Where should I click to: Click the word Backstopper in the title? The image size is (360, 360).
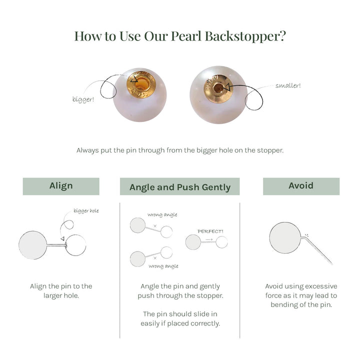pyautogui.click(x=245, y=36)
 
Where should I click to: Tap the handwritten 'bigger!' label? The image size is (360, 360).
pyautogui.click(x=83, y=99)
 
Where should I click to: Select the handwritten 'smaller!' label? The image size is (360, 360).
pyautogui.click(x=288, y=85)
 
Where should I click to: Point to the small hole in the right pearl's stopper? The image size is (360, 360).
pyautogui.click(x=218, y=87)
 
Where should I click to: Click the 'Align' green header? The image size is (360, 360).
pyautogui.click(x=61, y=186)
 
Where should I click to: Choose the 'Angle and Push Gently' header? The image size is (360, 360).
pyautogui.click(x=180, y=186)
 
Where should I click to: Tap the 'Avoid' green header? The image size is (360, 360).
pyautogui.click(x=301, y=186)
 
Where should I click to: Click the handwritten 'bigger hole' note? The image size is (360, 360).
pyautogui.click(x=86, y=211)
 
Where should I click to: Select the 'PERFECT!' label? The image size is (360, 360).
pyautogui.click(x=210, y=231)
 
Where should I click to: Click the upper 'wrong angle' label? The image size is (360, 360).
pyautogui.click(x=162, y=214)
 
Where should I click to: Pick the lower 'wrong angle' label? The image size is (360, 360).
pyautogui.click(x=163, y=266)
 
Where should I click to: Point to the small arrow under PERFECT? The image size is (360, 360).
pyautogui.click(x=209, y=239)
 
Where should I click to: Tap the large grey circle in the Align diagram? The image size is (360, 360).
pyautogui.click(x=32, y=245)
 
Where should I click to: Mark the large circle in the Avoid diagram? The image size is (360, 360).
pyautogui.click(x=285, y=238)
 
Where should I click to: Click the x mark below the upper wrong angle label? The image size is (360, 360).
pyautogui.click(x=155, y=226)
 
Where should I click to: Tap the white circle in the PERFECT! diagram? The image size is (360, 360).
pyautogui.click(x=222, y=242)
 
